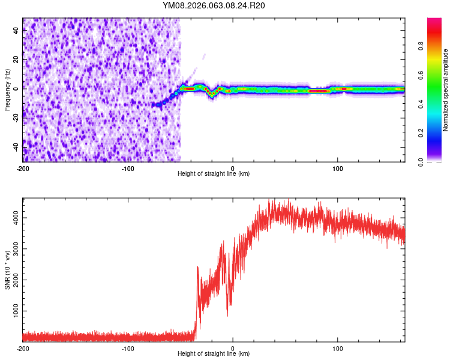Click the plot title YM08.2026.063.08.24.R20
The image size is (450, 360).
click(x=214, y=6)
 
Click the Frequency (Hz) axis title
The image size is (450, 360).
click(x=7, y=89)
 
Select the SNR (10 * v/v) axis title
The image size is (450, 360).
click(x=7, y=271)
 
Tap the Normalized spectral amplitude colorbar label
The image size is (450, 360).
click(x=445, y=89)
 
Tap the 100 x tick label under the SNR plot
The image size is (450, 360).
click(x=338, y=349)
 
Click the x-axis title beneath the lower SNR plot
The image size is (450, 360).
click(x=214, y=355)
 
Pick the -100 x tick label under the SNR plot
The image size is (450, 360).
click(x=128, y=349)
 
